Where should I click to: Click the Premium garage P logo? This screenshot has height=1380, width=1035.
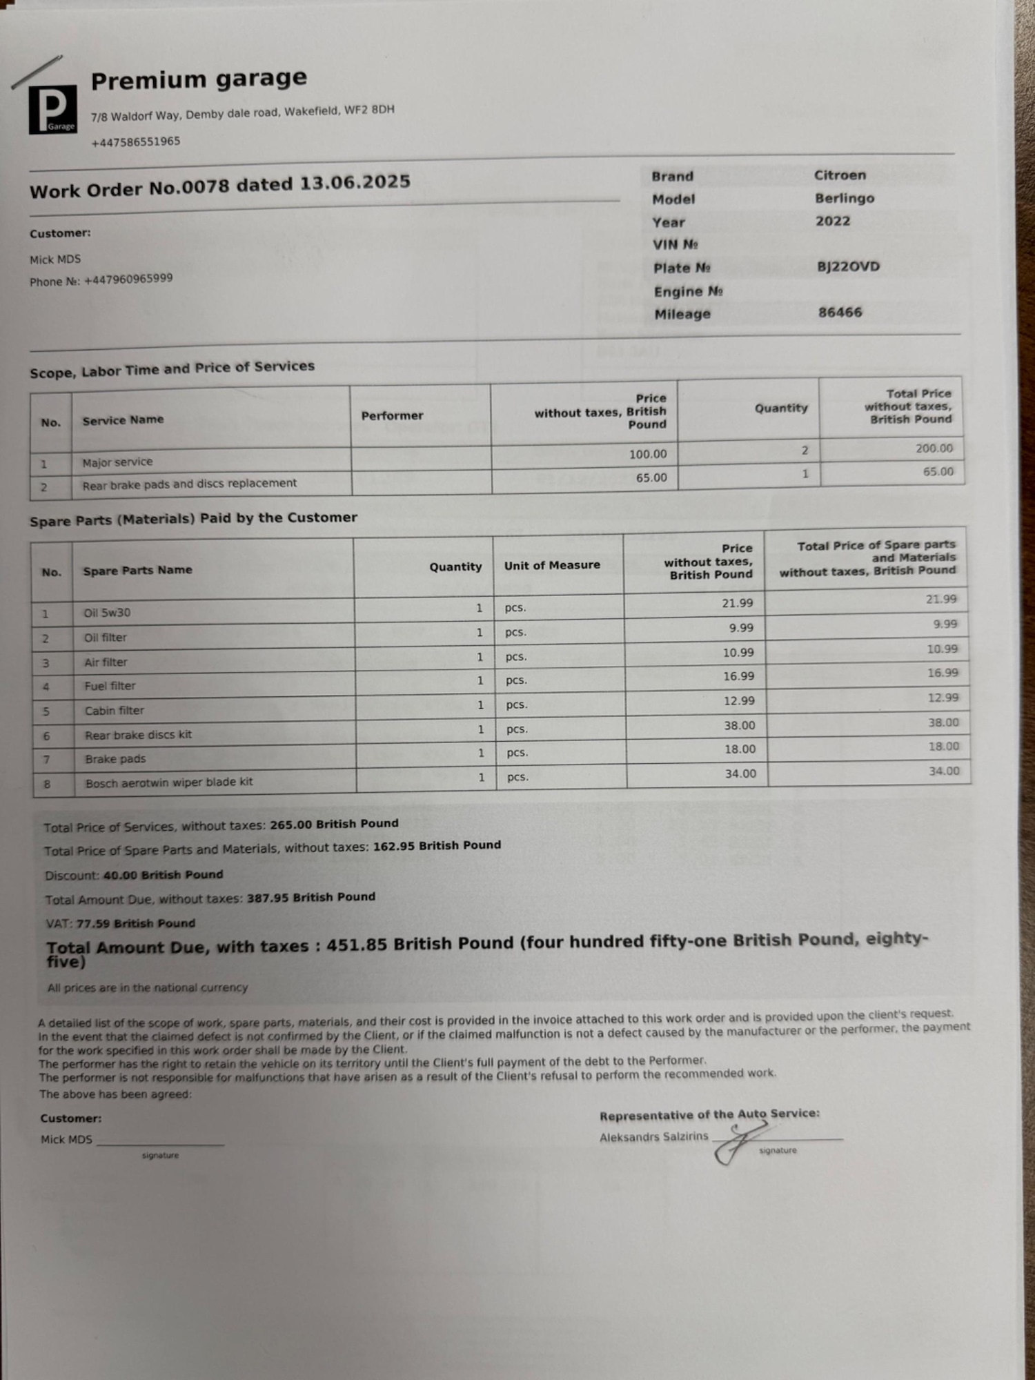click(52, 109)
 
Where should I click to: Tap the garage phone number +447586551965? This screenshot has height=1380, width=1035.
click(135, 141)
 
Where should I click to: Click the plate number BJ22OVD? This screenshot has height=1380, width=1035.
click(848, 266)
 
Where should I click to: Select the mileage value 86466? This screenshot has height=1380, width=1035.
click(840, 313)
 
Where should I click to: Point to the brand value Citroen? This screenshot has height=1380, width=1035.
click(839, 175)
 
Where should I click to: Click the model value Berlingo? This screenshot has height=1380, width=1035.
click(844, 198)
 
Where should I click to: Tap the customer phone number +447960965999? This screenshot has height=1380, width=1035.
click(128, 279)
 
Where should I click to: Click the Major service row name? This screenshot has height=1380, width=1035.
click(117, 462)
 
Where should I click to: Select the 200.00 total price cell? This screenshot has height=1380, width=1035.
click(934, 448)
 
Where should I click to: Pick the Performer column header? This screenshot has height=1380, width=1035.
click(392, 415)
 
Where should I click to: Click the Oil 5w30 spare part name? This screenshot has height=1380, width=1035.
click(107, 613)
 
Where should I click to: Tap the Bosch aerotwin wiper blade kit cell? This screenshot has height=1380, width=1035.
click(169, 782)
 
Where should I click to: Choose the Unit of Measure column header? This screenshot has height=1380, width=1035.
click(551, 565)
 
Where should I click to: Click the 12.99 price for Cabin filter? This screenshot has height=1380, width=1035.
click(738, 701)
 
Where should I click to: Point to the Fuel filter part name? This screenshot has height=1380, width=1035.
click(110, 686)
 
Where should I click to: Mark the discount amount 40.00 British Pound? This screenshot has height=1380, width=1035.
click(163, 875)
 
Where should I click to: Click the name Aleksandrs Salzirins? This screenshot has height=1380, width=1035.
click(653, 1136)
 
